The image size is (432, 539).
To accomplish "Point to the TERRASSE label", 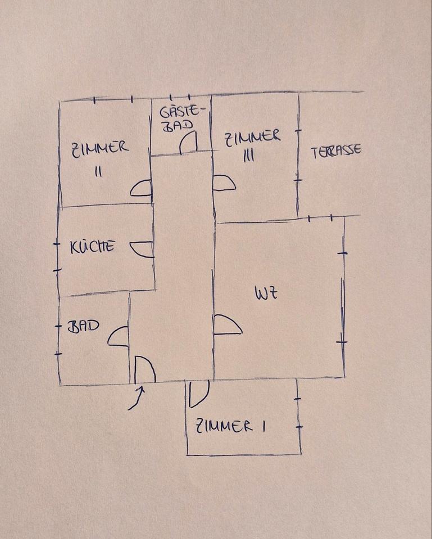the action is (x=336, y=150).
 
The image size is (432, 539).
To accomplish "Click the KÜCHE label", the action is (x=93, y=246).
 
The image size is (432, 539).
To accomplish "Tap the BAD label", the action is (x=83, y=326).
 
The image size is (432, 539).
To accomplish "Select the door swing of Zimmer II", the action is (x=142, y=189).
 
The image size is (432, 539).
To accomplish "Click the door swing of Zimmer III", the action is (x=224, y=183).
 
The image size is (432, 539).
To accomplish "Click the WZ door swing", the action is (x=227, y=325).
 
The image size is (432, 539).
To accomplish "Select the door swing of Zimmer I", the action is (x=198, y=394).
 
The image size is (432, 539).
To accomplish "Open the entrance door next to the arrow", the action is (x=145, y=369).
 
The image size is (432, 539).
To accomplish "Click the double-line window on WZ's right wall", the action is (x=342, y=298).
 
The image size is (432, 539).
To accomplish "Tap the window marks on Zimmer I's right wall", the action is (x=298, y=413).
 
